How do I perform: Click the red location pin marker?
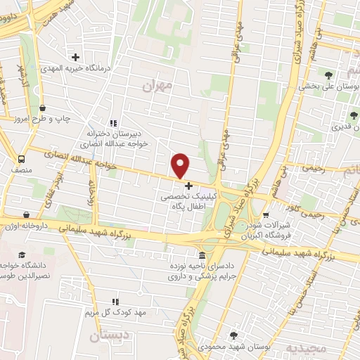[181, 166]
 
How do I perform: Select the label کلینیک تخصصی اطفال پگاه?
[188, 203]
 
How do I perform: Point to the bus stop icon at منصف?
[21, 159]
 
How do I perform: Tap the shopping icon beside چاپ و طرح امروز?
[44, 108]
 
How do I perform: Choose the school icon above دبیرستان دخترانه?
[113, 122]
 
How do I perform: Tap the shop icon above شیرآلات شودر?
[265, 214]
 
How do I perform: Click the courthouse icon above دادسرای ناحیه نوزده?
[203, 255]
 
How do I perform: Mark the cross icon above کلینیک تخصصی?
[188, 186]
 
